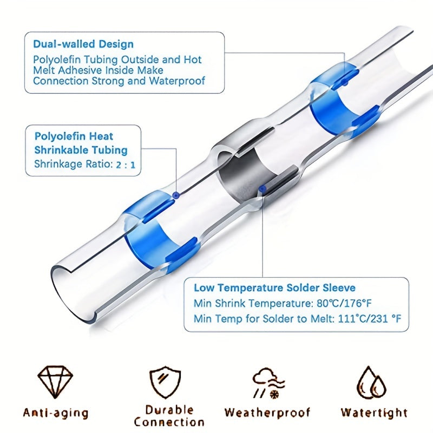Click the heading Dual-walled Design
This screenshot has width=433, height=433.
point(83,44)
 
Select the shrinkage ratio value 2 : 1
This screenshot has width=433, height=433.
point(126,165)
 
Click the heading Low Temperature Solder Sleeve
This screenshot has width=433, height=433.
point(274,288)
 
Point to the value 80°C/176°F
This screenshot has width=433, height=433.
point(344,303)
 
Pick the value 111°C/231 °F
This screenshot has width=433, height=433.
point(370,319)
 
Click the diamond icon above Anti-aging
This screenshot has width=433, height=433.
point(55,382)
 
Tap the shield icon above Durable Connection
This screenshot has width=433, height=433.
point(165,382)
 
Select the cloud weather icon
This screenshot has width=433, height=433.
point(268,383)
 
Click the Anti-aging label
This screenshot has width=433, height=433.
point(56,413)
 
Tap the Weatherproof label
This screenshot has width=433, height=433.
point(267,412)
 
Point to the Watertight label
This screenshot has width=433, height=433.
point(374,412)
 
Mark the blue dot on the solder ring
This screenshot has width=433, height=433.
point(263,189)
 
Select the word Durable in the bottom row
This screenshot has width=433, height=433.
point(169,410)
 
